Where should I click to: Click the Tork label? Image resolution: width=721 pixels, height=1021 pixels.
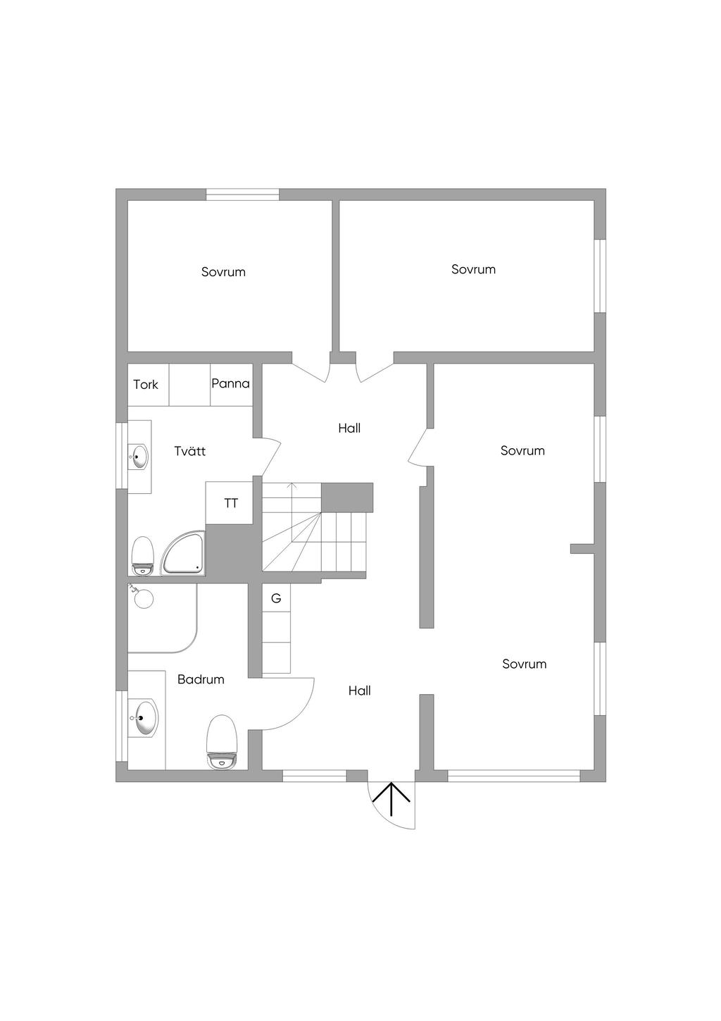[146, 385]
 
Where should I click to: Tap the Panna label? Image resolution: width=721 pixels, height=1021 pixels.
[230, 384]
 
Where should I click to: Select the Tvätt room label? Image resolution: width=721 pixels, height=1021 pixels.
[190, 452]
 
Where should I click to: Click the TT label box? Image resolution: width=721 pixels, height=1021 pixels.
[231, 504]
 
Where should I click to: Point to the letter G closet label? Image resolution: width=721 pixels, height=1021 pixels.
[276, 598]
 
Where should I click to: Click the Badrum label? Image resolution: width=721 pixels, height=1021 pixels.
[201, 680]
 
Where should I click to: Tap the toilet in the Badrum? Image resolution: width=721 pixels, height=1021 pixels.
[224, 741]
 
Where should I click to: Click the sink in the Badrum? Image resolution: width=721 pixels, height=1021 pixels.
[144, 719]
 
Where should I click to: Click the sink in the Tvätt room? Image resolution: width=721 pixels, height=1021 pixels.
[139, 457]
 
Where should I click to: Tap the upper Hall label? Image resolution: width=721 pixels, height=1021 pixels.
[349, 428]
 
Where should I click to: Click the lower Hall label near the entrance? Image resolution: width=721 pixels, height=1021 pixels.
[359, 691]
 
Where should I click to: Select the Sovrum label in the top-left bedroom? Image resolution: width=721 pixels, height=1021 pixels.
[223, 272]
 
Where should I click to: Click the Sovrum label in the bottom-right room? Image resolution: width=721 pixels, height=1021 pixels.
[524, 664]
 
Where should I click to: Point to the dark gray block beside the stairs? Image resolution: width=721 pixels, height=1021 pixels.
[347, 497]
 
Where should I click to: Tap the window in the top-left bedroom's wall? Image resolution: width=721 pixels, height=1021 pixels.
[242, 195]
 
